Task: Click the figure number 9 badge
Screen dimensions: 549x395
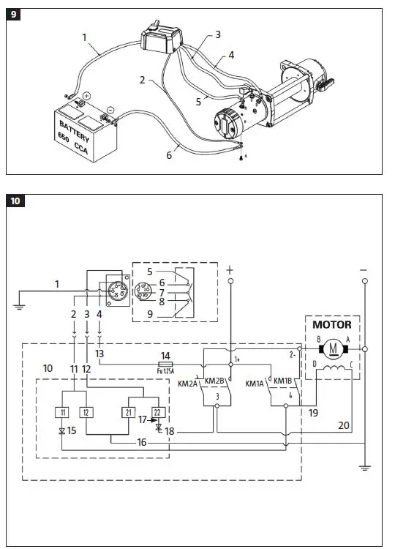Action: (x=15, y=15)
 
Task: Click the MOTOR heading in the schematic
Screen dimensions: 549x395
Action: (x=331, y=324)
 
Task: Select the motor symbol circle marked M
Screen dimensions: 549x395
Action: (x=334, y=348)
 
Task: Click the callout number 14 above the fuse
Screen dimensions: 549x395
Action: (x=165, y=355)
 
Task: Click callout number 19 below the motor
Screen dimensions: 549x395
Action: (x=313, y=413)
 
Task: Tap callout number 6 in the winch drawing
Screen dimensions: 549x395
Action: (x=169, y=154)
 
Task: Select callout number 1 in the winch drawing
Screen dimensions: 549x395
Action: (x=85, y=37)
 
